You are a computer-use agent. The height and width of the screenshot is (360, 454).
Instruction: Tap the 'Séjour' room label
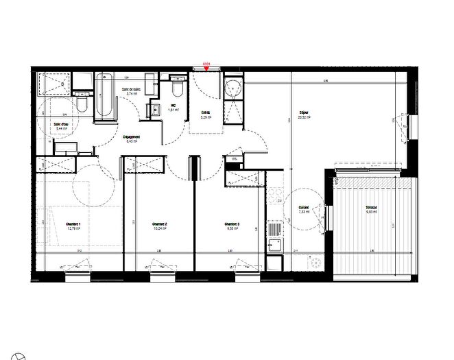(x=303, y=112)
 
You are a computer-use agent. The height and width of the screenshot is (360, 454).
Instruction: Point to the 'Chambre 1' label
(x=73, y=224)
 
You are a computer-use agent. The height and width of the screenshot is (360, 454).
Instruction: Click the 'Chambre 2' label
(x=159, y=224)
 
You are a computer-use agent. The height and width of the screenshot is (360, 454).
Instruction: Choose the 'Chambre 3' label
(x=232, y=224)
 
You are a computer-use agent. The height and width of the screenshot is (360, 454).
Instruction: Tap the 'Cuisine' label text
(x=303, y=208)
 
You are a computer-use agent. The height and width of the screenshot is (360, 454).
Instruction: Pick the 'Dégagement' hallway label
(x=132, y=136)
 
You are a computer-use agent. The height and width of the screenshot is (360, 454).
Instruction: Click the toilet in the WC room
(x=176, y=89)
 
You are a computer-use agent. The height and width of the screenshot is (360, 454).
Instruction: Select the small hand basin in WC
(x=156, y=108)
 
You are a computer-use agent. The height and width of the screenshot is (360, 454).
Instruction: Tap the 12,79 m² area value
(x=73, y=229)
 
